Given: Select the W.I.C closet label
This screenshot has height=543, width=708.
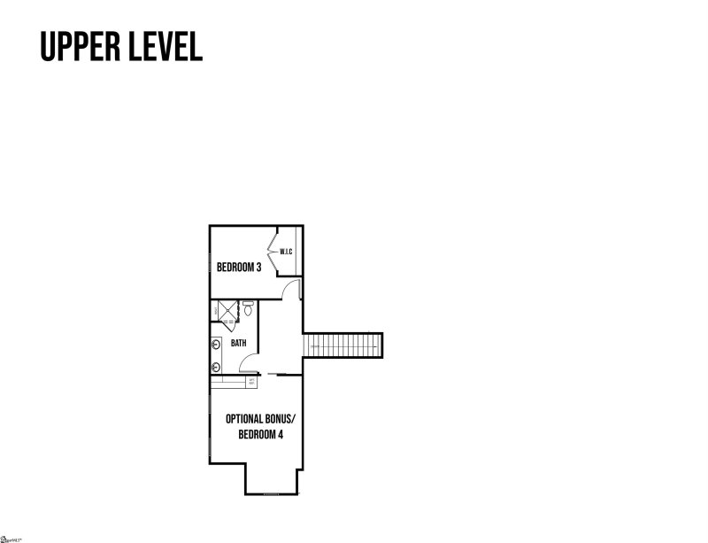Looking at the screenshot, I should (286, 252).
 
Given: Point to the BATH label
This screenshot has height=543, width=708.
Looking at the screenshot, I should (239, 343).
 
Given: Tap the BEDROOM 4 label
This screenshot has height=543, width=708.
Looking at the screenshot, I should (254, 435).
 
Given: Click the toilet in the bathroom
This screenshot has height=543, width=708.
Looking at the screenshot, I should (249, 310).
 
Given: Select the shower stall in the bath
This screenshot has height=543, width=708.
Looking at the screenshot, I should (227, 310).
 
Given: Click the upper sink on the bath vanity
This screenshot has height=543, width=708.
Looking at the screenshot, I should (215, 343).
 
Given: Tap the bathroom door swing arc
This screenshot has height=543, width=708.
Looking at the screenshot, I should (249, 363).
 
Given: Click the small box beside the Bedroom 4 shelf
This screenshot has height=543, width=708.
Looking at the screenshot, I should (251, 382).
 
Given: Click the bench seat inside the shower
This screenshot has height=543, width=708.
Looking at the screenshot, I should (215, 311).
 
